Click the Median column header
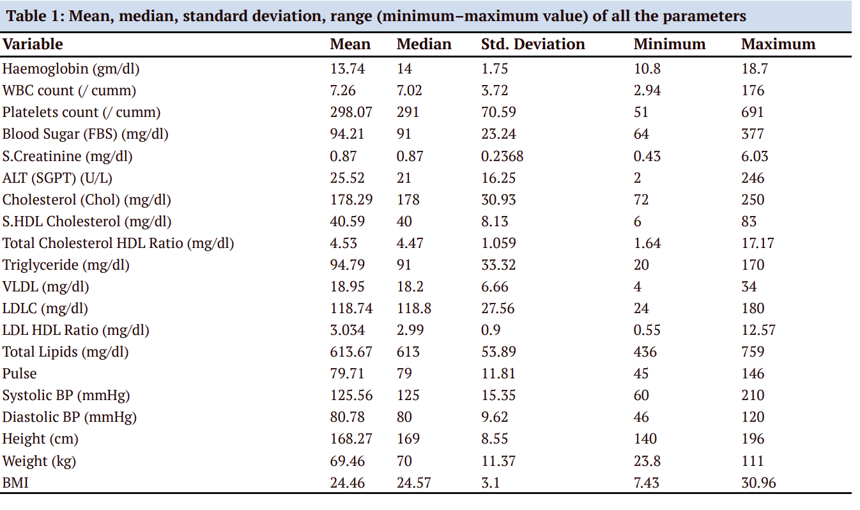(424, 44)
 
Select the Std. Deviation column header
(532, 44)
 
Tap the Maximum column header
(778, 44)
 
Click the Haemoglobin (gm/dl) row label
(71, 68)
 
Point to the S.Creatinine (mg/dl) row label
(67, 156)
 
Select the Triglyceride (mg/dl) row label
(66, 265)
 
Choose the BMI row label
(15, 483)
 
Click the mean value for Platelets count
(351, 112)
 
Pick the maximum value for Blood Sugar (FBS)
(752, 134)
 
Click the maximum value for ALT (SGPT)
(752, 178)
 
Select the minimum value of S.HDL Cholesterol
(637, 221)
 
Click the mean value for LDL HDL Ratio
(347, 330)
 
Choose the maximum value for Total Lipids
(752, 352)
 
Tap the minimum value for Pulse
(641, 373)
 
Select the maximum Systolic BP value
(752, 395)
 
